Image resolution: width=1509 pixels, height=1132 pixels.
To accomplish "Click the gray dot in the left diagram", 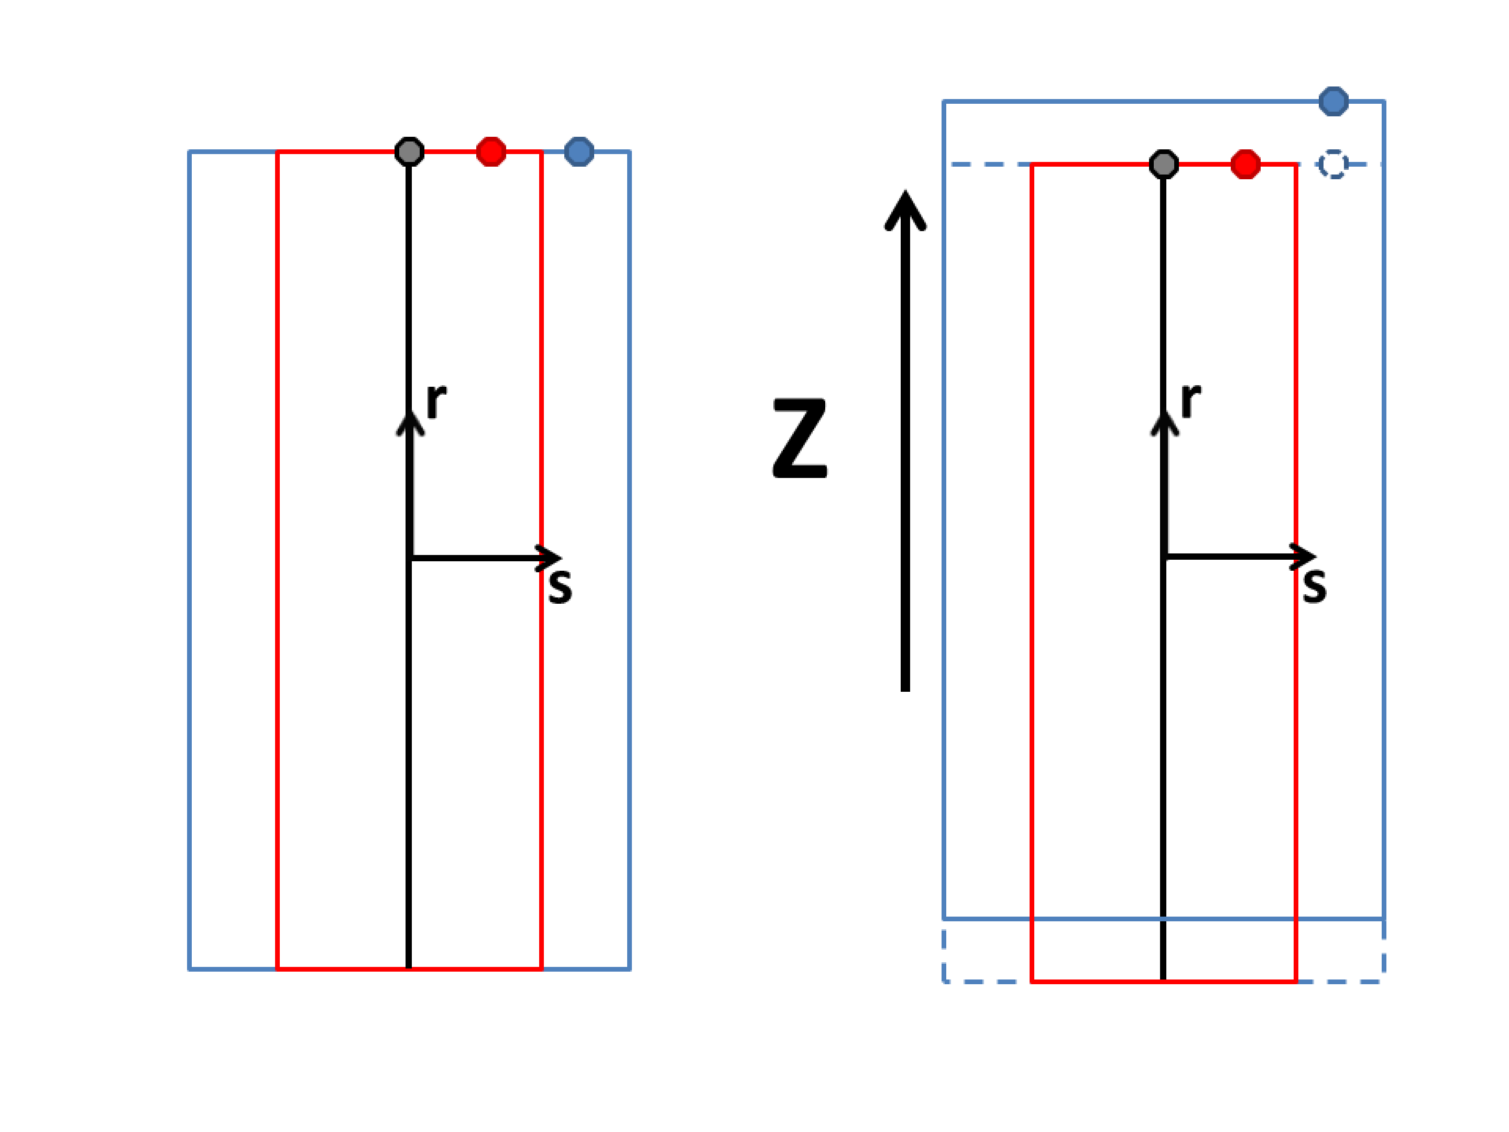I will (x=409, y=151).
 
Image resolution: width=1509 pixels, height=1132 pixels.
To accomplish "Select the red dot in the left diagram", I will (x=491, y=151).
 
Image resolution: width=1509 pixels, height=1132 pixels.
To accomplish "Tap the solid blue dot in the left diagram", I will (x=579, y=151).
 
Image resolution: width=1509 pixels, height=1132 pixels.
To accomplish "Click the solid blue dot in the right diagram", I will (x=1333, y=102).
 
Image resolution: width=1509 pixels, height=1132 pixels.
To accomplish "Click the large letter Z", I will (x=800, y=438).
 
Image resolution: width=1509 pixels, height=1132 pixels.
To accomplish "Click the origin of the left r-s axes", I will (x=411, y=559).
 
